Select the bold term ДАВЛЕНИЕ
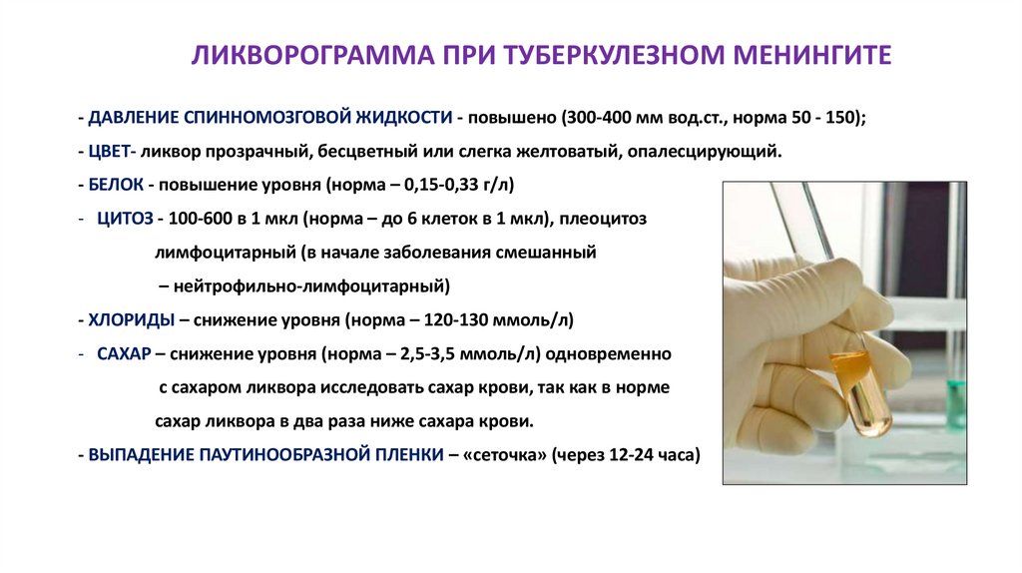(x=134, y=118)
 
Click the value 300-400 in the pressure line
(x=597, y=118)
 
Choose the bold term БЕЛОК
(x=118, y=187)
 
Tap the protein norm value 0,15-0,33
(x=445, y=187)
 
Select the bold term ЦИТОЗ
(x=124, y=220)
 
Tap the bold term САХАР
(x=124, y=354)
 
